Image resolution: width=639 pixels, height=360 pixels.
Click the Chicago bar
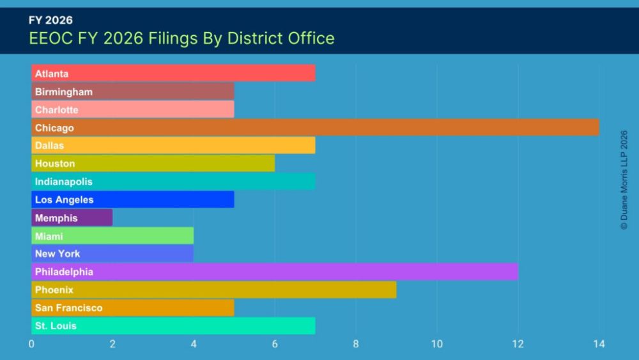pos(315,127)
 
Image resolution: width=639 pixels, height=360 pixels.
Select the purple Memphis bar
pos(72,217)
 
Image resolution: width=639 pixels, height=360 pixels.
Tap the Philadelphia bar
pos(275,272)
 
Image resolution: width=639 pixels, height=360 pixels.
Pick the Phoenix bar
pos(214,290)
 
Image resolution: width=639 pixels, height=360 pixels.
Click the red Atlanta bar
pos(173,73)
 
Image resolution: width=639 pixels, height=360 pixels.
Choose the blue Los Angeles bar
pos(133,200)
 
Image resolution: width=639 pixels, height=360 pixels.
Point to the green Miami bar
pos(112,236)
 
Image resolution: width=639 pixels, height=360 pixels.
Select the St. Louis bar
pos(173,325)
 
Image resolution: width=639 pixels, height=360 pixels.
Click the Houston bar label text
pos(55,164)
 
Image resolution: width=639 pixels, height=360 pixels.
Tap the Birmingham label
pos(63,91)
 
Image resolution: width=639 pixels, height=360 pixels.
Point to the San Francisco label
pos(69,308)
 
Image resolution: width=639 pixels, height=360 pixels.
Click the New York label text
pos(58,254)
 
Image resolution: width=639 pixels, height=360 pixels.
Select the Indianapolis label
pos(63,182)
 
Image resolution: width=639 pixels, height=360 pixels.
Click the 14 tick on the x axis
pos(599,344)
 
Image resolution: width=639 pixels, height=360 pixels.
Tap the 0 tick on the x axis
pos(31,344)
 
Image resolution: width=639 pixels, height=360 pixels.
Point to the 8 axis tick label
pos(356,344)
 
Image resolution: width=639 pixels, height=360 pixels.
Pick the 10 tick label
pos(437,344)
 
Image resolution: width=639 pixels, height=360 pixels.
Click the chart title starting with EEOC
pos(181,38)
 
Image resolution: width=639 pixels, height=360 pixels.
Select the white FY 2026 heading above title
pos(50,20)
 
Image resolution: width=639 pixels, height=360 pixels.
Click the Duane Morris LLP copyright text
pos(624,180)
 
